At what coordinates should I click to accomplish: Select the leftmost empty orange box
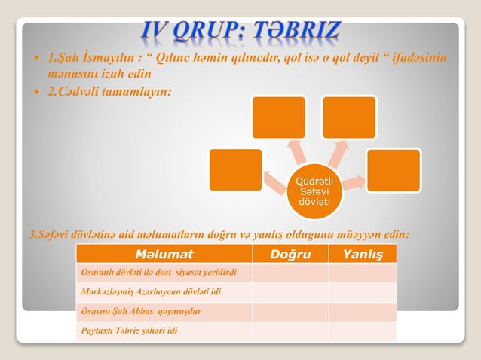click(x=235, y=169)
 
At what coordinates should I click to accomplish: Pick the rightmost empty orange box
click(x=393, y=170)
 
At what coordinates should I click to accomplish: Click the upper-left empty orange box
click(x=279, y=117)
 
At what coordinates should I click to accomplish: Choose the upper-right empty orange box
click(x=349, y=117)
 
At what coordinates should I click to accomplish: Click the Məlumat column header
click(x=164, y=254)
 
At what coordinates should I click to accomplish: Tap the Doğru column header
click(x=290, y=254)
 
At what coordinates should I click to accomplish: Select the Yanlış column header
click(x=363, y=254)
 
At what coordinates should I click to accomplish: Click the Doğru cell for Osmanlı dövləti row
click(x=290, y=272)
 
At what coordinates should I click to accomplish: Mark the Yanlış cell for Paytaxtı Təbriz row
click(x=363, y=331)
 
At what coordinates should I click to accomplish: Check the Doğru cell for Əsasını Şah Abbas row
click(x=290, y=311)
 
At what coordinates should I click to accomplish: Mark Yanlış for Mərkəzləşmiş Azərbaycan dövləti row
click(x=363, y=291)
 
